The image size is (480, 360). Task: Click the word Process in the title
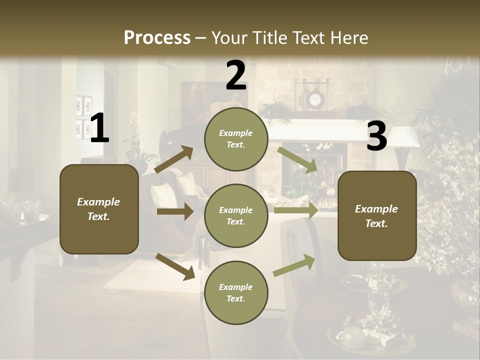pyautogui.click(x=157, y=37)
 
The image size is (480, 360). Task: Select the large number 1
pyautogui.click(x=99, y=128)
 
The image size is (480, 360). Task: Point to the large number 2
pyautogui.click(x=236, y=75)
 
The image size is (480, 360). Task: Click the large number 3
pyautogui.click(x=376, y=136)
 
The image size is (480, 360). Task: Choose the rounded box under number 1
pyautogui.click(x=99, y=209)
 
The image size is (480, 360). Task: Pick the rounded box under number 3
pyautogui.click(x=377, y=215)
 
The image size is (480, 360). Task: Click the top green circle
pyautogui.click(x=236, y=139)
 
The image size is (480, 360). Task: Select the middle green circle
pyautogui.click(x=236, y=215)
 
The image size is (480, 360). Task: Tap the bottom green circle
pyautogui.click(x=236, y=292)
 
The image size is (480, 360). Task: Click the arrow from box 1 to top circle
pyautogui.click(x=174, y=159)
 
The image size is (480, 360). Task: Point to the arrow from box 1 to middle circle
pyautogui.click(x=175, y=211)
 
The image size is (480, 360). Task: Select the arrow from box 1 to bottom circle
pyautogui.click(x=175, y=266)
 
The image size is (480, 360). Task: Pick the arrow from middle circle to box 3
pyautogui.click(x=296, y=210)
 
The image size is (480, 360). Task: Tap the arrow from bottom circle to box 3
pyautogui.click(x=294, y=265)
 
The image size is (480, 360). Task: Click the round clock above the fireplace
pyautogui.click(x=314, y=100)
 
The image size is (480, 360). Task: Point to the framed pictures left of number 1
pyautogui.click(x=83, y=117)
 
